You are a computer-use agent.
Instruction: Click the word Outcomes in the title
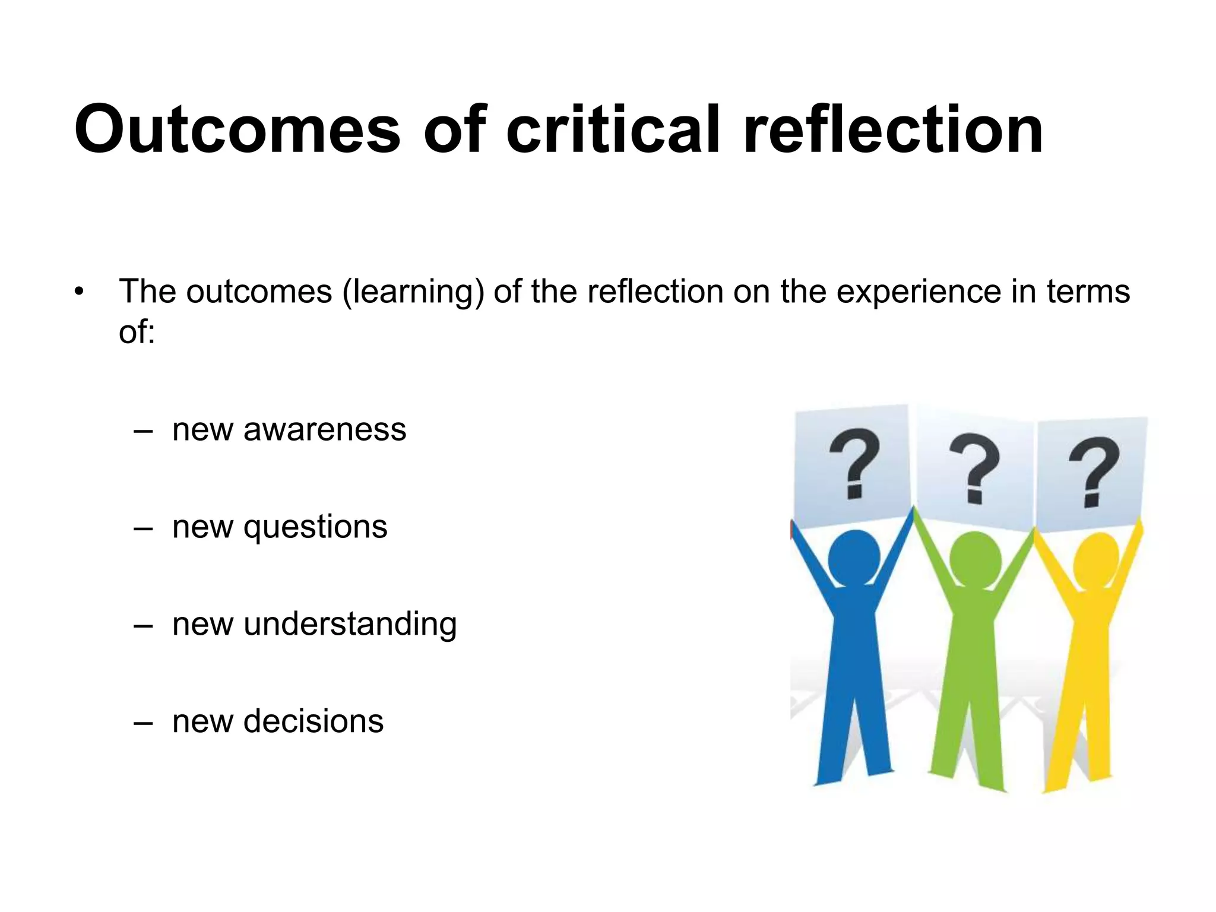tap(237, 129)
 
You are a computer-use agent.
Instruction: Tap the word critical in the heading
tap(613, 129)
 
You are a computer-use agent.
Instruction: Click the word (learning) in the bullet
tap(413, 293)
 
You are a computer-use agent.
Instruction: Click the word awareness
tap(325, 429)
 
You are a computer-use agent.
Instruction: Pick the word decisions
tap(313, 721)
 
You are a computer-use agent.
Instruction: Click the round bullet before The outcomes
tap(80, 292)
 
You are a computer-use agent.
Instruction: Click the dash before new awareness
tap(143, 430)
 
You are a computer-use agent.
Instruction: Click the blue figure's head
tap(853, 556)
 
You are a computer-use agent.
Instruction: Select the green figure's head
tap(975, 560)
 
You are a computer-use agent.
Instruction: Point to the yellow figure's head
tap(1096, 560)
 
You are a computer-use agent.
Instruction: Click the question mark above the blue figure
tap(854, 464)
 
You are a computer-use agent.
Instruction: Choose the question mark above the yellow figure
tap(1094, 472)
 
